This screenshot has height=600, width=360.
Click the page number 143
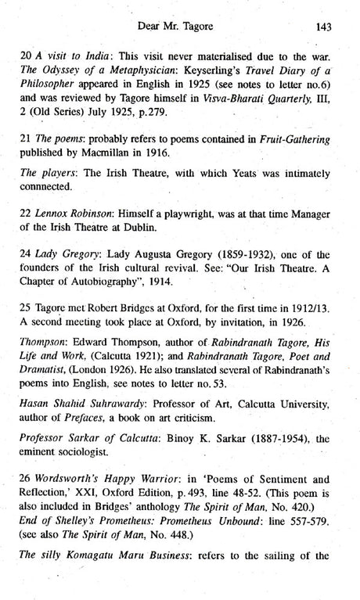coord(327,26)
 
